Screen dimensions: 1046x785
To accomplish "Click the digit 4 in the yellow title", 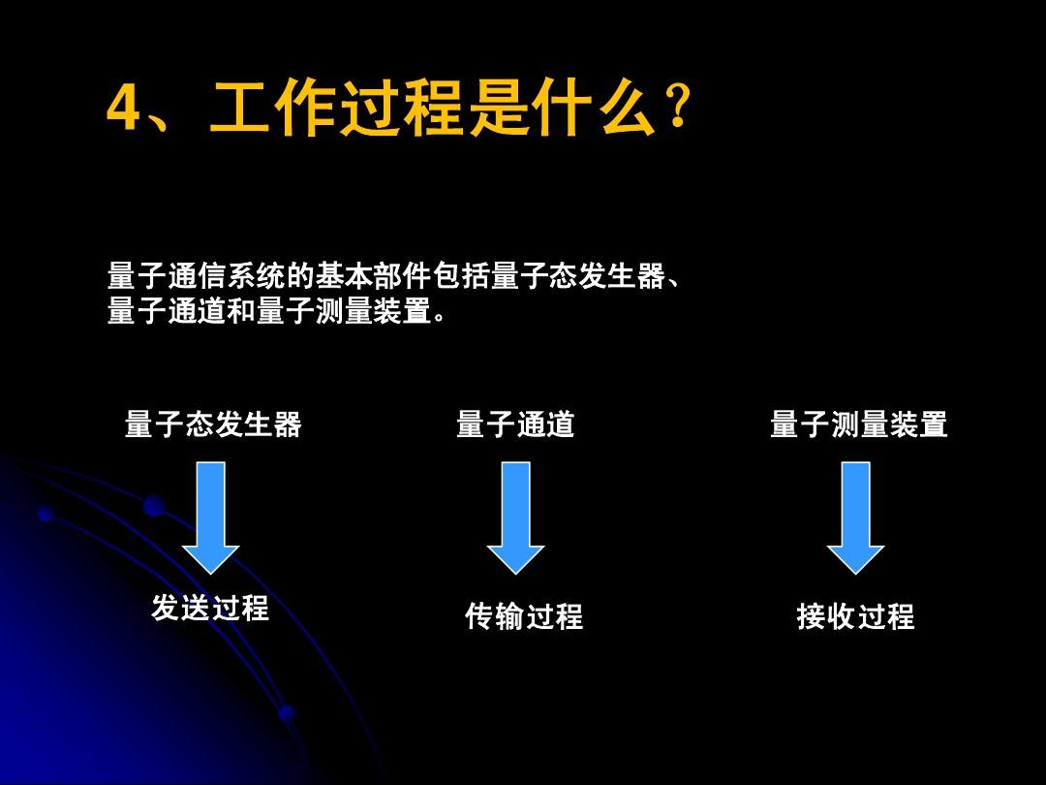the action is pos(124,109).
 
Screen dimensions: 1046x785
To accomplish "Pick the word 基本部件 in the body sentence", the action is pos(373,275).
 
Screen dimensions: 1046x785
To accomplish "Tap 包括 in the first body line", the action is pos(461,275).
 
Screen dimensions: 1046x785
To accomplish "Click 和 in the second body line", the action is pos(240,310).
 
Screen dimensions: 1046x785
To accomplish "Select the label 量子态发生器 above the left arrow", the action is pos(213,424).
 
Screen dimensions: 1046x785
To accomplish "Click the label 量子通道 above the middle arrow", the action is pos(515,424).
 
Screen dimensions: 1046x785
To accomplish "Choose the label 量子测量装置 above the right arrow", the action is pos(858,424).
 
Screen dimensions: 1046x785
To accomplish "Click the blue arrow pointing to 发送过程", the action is pos(211,518).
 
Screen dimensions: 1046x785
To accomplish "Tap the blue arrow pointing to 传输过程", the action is pos(515,518).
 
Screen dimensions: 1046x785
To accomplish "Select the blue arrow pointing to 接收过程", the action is pos(856,518).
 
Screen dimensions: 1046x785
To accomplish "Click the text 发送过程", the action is pos(210,608).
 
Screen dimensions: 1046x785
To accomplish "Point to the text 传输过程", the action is pos(524,616).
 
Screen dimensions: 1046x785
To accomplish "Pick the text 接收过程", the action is pos(855,616).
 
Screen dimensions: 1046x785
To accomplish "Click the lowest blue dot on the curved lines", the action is pos(286,713).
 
